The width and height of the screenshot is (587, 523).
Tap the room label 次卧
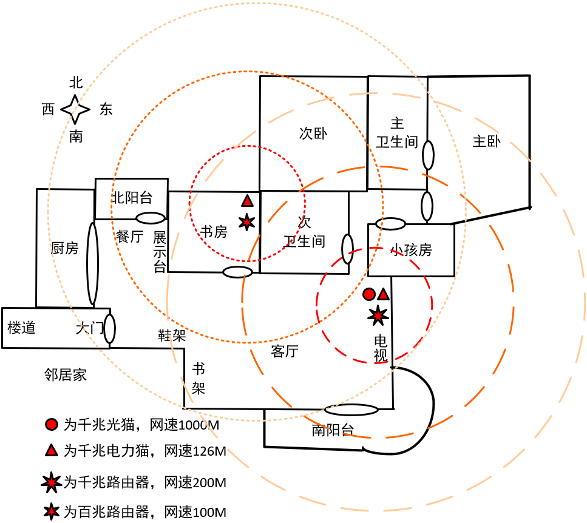pyautogui.click(x=313, y=133)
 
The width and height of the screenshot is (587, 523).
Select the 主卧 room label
pyautogui.click(x=486, y=141)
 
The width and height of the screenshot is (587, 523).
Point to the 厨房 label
pyautogui.click(x=64, y=248)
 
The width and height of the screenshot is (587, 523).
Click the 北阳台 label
pyautogui.click(x=131, y=197)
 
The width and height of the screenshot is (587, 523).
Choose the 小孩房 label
pyautogui.click(x=411, y=249)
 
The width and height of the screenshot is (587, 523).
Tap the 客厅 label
pyautogui.click(x=284, y=351)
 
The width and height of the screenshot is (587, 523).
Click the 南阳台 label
pyautogui.click(x=332, y=430)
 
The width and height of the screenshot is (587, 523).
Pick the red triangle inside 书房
pyautogui.click(x=247, y=201)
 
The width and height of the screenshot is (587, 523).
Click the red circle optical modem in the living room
pyautogui.click(x=368, y=294)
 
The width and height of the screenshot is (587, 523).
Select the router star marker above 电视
pyautogui.click(x=378, y=314)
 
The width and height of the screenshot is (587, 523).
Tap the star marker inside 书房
pyautogui.click(x=246, y=222)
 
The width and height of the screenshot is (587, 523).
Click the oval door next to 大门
pyautogui.click(x=110, y=328)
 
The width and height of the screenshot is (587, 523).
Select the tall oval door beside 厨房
pyautogui.click(x=92, y=263)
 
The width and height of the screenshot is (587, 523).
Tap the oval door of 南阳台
pyautogui.click(x=351, y=410)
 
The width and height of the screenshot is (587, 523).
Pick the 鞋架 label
pyautogui.click(x=171, y=335)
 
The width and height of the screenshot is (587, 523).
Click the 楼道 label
pyautogui.click(x=22, y=328)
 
